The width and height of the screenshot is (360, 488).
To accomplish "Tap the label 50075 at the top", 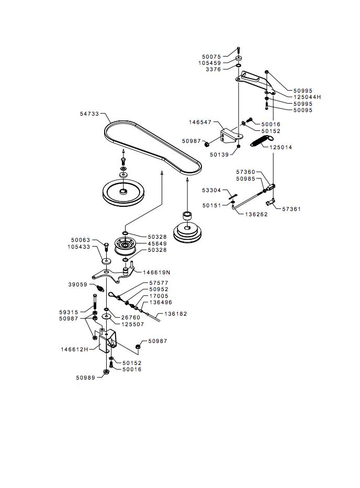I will (211, 56).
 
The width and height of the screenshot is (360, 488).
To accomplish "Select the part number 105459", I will (209, 63).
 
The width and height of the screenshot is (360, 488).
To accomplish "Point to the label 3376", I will (213, 69).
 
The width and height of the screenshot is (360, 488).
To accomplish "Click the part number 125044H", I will (307, 97).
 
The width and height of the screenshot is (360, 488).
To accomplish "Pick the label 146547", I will (200, 122).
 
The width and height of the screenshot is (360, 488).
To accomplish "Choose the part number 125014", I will (281, 147).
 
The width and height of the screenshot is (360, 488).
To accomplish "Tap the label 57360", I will (245, 172).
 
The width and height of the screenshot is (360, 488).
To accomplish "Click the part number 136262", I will (257, 214).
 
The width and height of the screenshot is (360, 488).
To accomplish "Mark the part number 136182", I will (175, 314).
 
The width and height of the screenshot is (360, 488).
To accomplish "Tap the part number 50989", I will (86, 377).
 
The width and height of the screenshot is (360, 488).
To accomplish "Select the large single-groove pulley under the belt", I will (123, 193).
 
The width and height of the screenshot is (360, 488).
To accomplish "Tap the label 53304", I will (211, 191).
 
